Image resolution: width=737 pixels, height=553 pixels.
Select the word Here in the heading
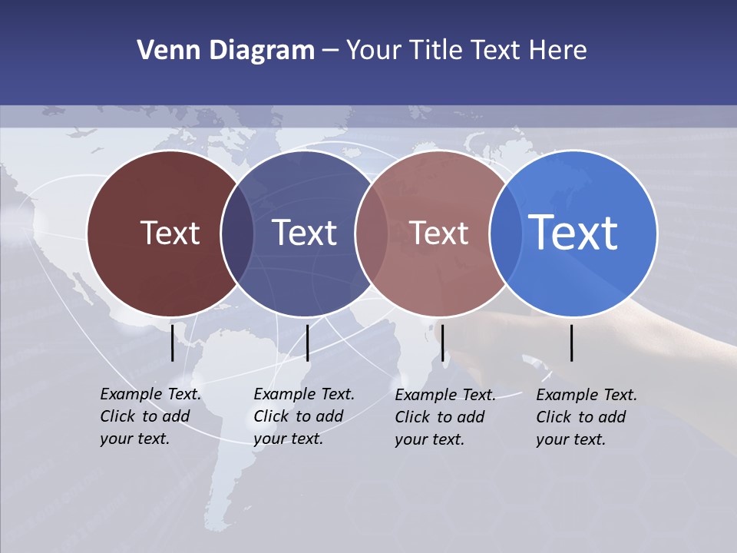(x=558, y=51)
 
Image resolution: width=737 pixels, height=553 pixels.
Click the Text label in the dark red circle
(x=170, y=233)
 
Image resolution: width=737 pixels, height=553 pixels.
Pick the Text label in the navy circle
(x=305, y=233)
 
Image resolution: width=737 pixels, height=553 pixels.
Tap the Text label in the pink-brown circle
(x=439, y=233)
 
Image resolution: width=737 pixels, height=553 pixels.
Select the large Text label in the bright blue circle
(x=573, y=232)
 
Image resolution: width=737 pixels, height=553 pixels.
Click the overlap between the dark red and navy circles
(x=237, y=233)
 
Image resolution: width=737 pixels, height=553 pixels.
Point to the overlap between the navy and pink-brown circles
(x=372, y=233)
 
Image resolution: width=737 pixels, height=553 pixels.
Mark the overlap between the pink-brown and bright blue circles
(x=504, y=233)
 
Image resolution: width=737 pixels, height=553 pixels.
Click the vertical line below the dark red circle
(x=173, y=343)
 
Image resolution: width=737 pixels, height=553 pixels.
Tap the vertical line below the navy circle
(x=307, y=343)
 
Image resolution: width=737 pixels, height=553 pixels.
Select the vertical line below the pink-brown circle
(x=442, y=343)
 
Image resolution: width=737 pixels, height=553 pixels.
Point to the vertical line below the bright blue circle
(x=572, y=343)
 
